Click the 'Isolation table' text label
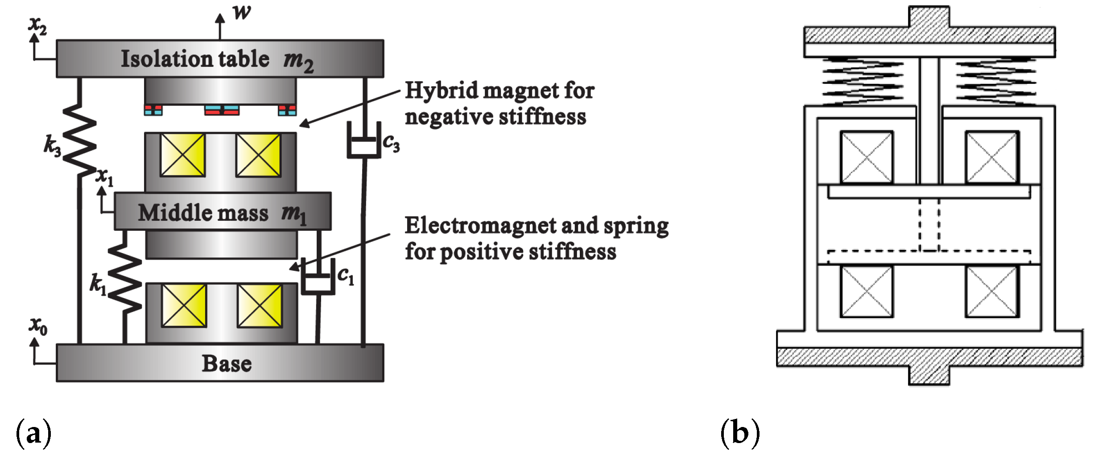coord(195,59)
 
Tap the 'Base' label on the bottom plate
coord(227,364)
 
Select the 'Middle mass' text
coord(203,213)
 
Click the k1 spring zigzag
coord(125,279)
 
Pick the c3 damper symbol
coord(364,141)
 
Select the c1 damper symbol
coord(318,278)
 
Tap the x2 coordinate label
coord(37,26)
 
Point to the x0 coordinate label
coord(38,326)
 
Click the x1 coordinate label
coord(105,177)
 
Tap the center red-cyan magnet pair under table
coord(222,110)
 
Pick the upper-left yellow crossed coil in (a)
coord(182,155)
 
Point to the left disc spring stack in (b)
coord(863,81)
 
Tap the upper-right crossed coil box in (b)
coord(992,157)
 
